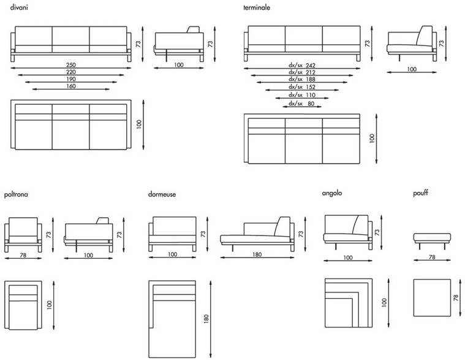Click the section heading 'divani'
tap(19, 7)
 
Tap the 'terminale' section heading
tap(257, 7)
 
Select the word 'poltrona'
tap(16, 194)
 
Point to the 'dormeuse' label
tap(162, 194)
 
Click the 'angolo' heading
tap(332, 193)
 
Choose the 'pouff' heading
tap(420, 193)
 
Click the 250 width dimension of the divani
tap(71, 64)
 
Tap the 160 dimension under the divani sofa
tap(71, 86)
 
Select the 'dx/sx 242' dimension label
tap(302, 65)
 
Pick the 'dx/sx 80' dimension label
tap(301, 104)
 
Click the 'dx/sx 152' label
tap(302, 87)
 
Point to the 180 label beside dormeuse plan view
tap(206, 319)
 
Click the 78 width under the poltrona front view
tap(23, 255)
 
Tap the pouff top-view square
tap(432, 297)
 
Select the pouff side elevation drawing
tap(432, 241)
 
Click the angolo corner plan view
tap(349, 303)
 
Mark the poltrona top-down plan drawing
tap(23, 305)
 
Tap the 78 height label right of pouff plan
tap(456, 297)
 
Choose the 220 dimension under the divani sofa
tap(71, 72)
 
